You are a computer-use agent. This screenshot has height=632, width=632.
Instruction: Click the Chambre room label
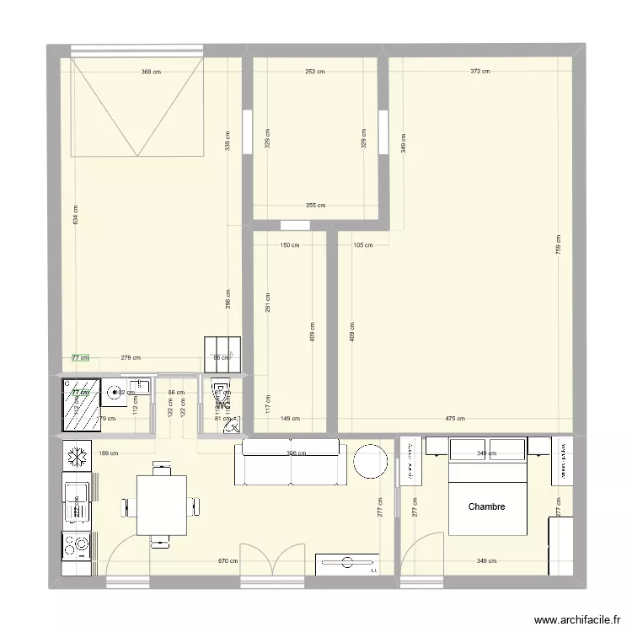coord(486,506)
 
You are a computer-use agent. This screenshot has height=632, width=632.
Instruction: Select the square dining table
coord(162,505)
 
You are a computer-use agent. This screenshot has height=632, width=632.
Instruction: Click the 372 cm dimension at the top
coord(479,72)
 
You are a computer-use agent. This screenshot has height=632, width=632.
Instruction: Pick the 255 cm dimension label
coord(315,205)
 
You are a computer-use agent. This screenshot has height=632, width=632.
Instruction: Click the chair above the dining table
coord(161,467)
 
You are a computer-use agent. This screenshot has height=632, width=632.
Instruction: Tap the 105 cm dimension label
coord(363,245)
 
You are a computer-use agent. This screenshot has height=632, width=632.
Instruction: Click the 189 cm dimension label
coord(110,453)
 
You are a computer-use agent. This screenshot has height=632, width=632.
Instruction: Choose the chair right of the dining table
coord(195,506)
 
